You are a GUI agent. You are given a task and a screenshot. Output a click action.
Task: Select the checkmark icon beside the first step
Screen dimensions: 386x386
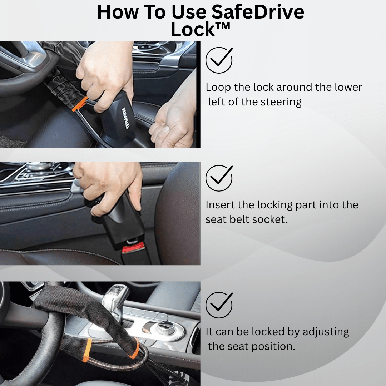tap(219, 60)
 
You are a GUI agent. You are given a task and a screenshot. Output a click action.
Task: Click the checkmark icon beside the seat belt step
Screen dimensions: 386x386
tap(219, 178)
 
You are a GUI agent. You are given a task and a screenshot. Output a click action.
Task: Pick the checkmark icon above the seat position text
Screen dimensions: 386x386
tap(219, 305)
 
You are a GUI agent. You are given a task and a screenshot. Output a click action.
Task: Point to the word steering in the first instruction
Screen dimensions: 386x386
tap(281, 102)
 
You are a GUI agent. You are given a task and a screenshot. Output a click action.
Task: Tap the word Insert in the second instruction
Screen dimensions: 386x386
tap(218, 205)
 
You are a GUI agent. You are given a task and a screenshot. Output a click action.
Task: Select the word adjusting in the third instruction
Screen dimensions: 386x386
tap(326, 332)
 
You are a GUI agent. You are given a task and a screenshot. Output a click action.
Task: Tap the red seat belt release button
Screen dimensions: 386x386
tap(133, 247)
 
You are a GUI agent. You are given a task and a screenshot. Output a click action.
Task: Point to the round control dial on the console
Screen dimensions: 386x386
tap(165, 327)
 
